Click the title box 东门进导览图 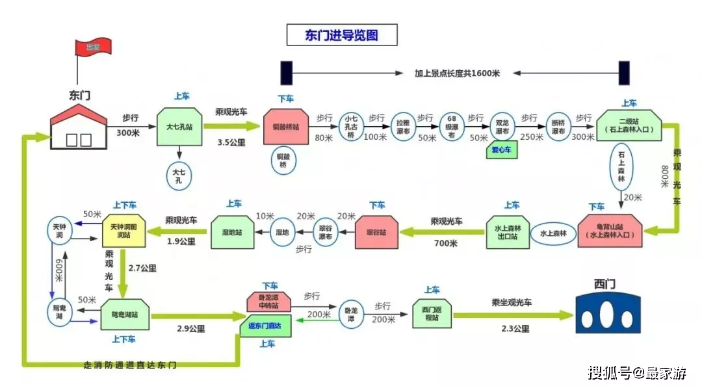pos(341,35)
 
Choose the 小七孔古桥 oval pos(351,127)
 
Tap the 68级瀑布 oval pos(452,127)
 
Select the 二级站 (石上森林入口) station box pos(629,125)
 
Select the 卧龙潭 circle pos(350,315)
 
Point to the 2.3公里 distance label pos(515,329)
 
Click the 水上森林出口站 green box pos(511,231)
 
